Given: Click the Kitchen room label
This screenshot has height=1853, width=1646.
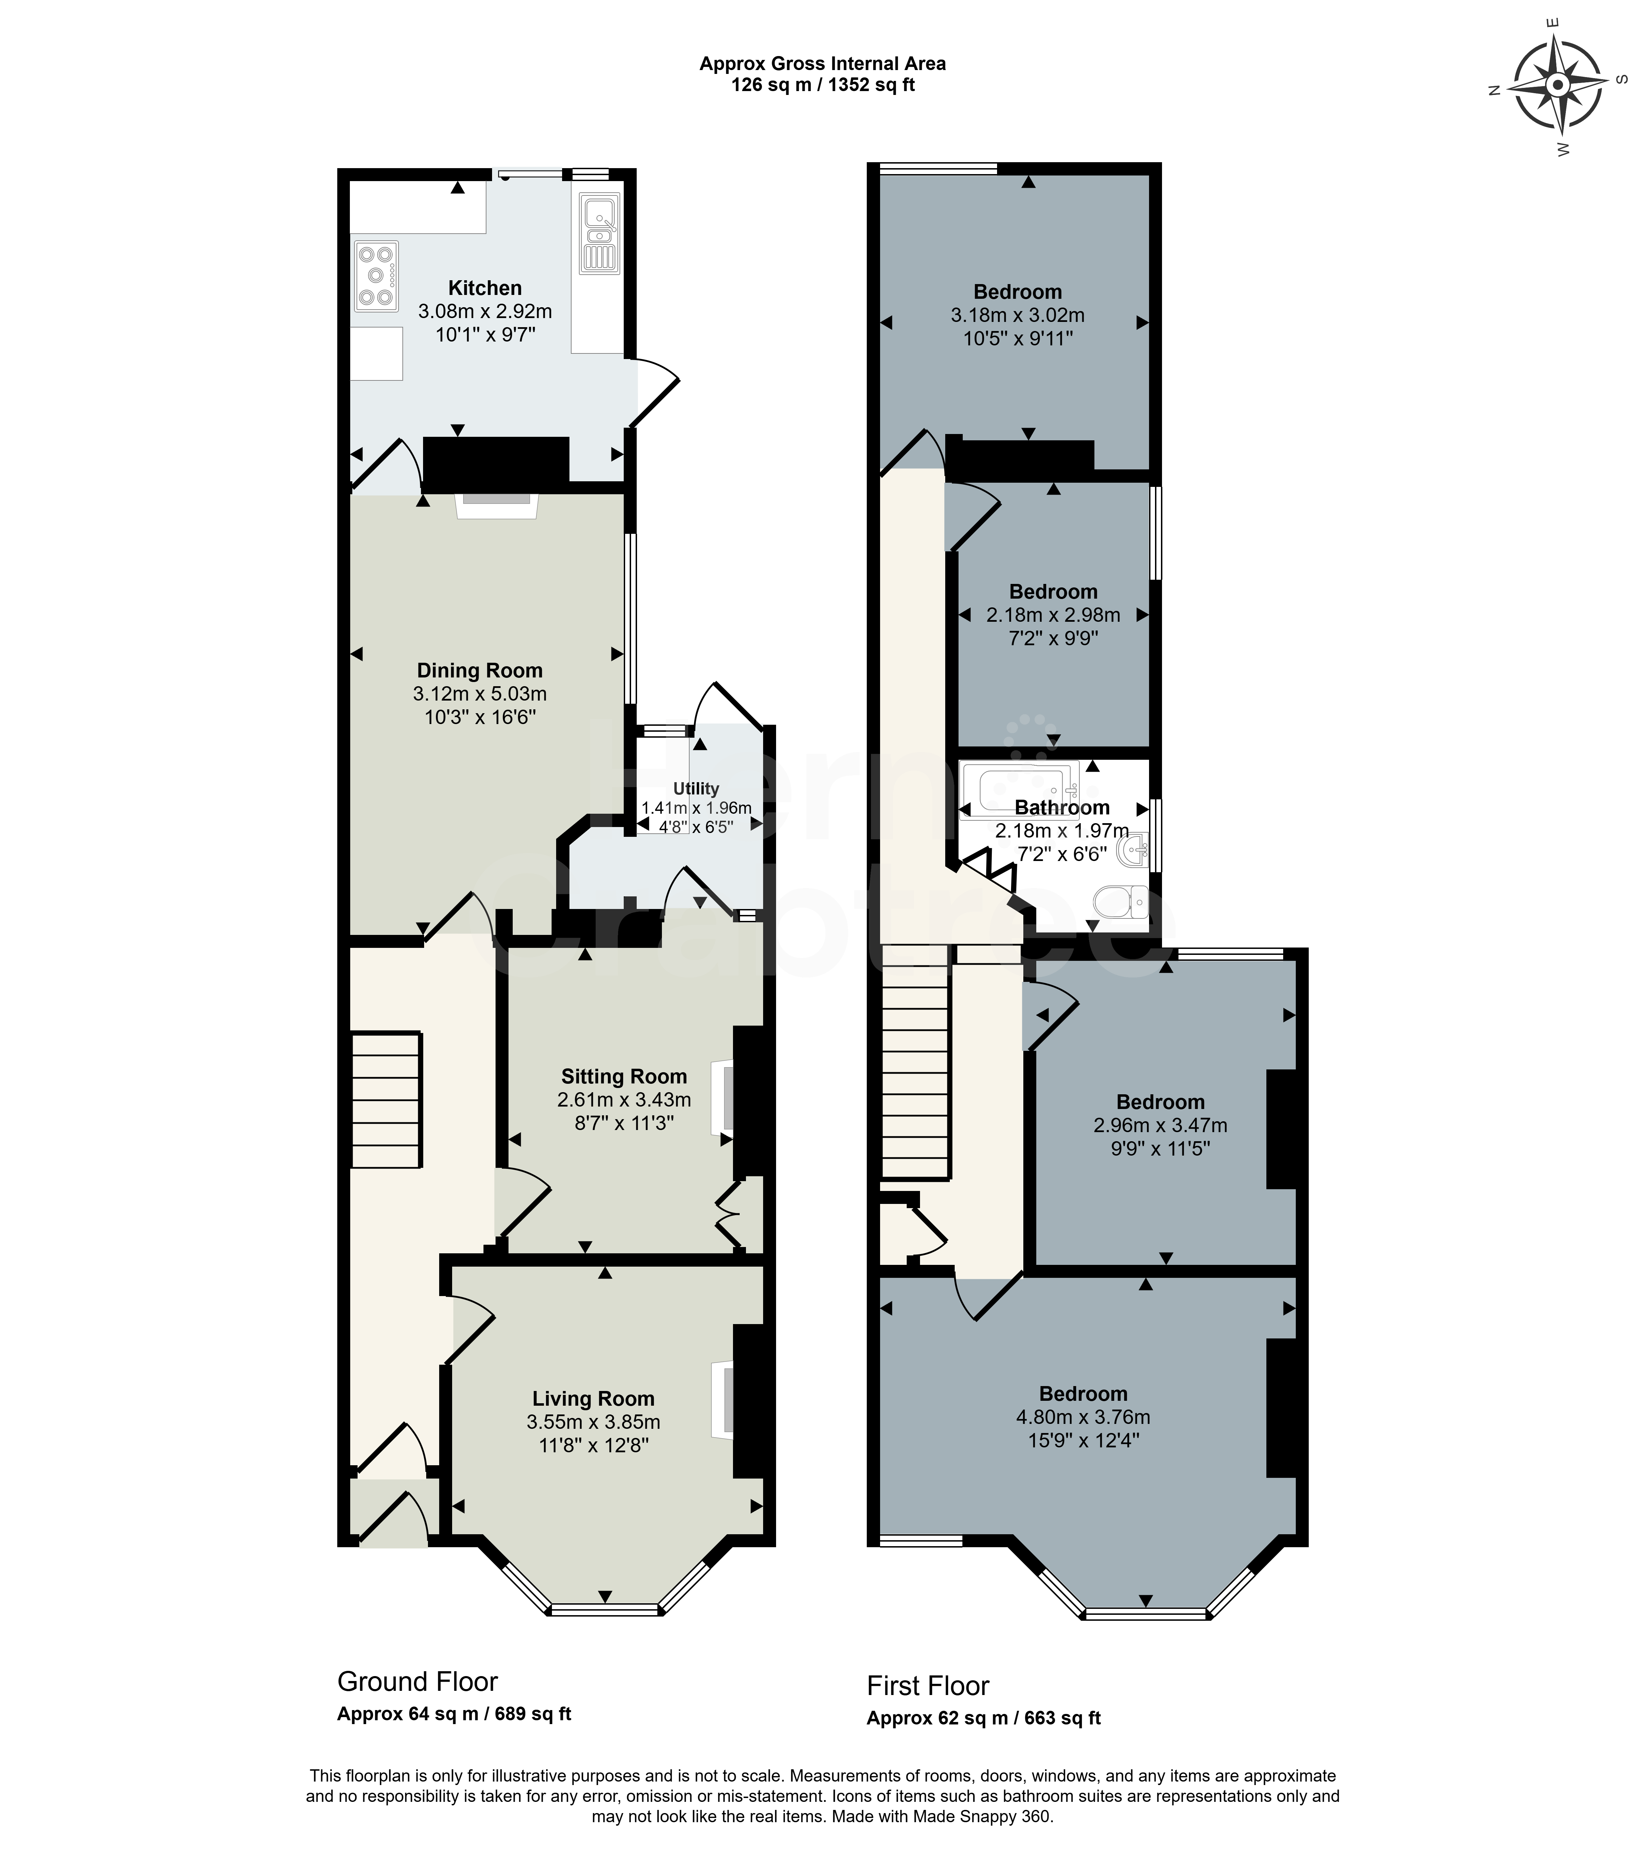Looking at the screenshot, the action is pos(485,288).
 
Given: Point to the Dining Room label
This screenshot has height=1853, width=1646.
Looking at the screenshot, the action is pos(479,671).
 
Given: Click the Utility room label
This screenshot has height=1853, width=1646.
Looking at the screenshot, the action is pos(696,789).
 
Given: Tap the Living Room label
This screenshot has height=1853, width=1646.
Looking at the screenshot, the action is pos(594,1399).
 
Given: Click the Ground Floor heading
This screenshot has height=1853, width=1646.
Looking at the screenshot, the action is pos(418,1682).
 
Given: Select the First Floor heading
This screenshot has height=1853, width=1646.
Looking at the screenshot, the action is pos(928,1685).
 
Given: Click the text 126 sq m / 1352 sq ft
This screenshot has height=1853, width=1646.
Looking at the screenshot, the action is pos(823,85).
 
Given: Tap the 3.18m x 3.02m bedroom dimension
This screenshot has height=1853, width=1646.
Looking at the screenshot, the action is pos(1018,316).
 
